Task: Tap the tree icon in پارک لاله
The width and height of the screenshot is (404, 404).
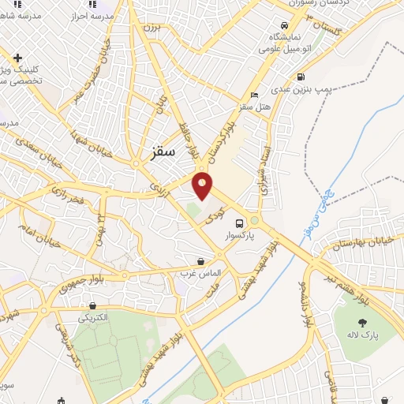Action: [362, 323]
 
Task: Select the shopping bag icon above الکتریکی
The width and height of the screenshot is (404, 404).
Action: [94, 305]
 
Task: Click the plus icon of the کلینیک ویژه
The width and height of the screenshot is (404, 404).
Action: [17, 57]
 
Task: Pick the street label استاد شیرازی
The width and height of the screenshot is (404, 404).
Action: [267, 170]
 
